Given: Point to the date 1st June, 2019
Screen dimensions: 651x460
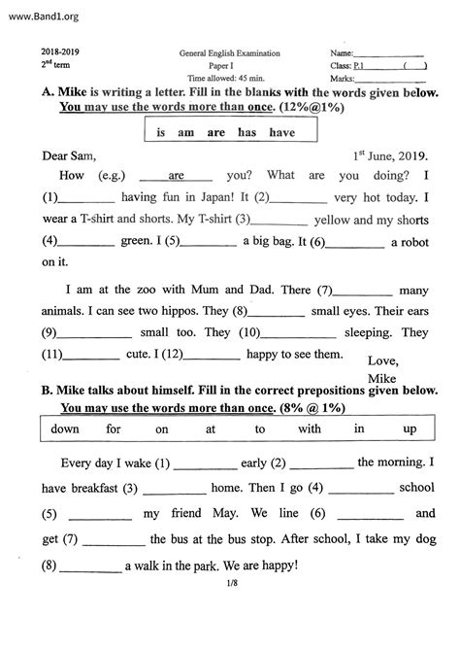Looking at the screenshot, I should pos(396,154).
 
